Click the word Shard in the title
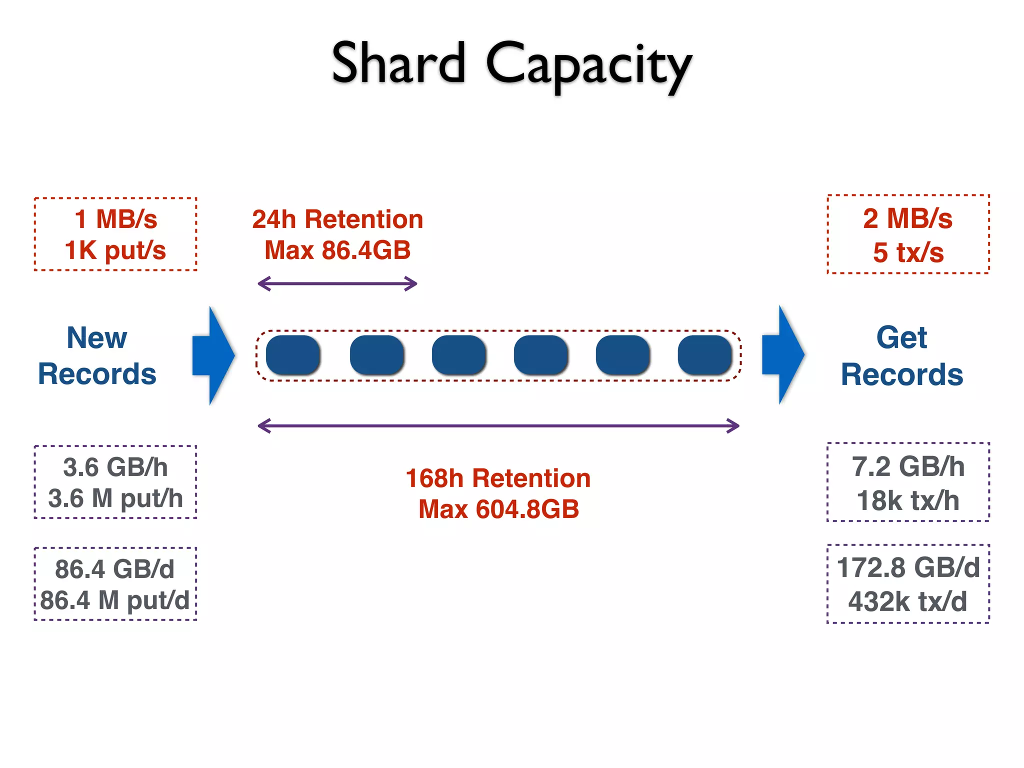[x=398, y=64]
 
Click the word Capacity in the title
[x=588, y=66]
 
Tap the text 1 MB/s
[x=115, y=219]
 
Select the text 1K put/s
[x=115, y=250]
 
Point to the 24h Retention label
[x=337, y=219]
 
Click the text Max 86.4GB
[x=337, y=250]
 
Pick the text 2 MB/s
[x=907, y=218]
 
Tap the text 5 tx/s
[x=908, y=252]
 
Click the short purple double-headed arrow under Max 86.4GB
[x=337, y=283]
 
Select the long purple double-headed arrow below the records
[x=498, y=426]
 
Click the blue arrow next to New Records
[x=214, y=355]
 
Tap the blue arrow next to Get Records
[x=783, y=354]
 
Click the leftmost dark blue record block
[x=293, y=355]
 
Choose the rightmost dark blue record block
[x=704, y=355]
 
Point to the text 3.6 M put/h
[x=115, y=498]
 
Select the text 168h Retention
[x=498, y=478]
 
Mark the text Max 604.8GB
[x=498, y=509]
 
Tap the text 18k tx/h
[x=908, y=500]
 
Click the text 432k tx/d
[x=907, y=601]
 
